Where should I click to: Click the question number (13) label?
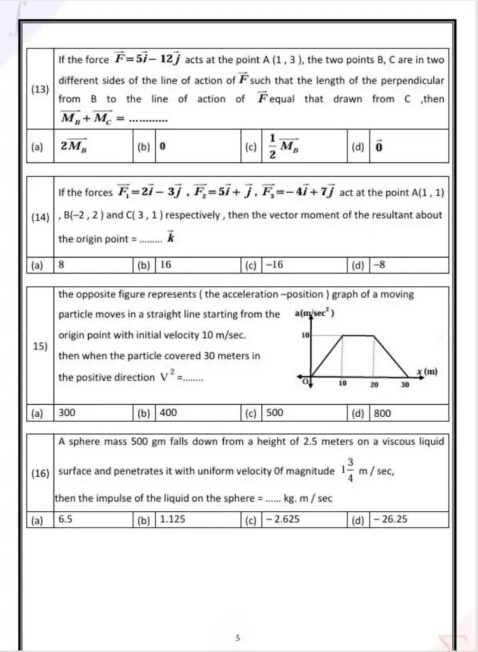(41, 89)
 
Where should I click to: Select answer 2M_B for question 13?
(75, 146)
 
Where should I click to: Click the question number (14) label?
(41, 217)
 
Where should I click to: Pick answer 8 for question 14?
(62, 264)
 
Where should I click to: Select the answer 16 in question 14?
(166, 264)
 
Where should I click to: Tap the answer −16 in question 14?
(275, 264)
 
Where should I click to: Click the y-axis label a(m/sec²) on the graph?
(315, 314)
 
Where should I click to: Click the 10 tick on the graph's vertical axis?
(305, 335)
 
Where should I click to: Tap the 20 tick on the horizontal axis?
(374, 386)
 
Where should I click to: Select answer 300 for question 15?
(67, 413)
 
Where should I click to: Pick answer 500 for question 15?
(275, 413)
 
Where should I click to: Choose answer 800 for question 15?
(382, 413)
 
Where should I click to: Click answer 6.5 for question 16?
(66, 519)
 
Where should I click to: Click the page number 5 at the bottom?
(237, 637)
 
